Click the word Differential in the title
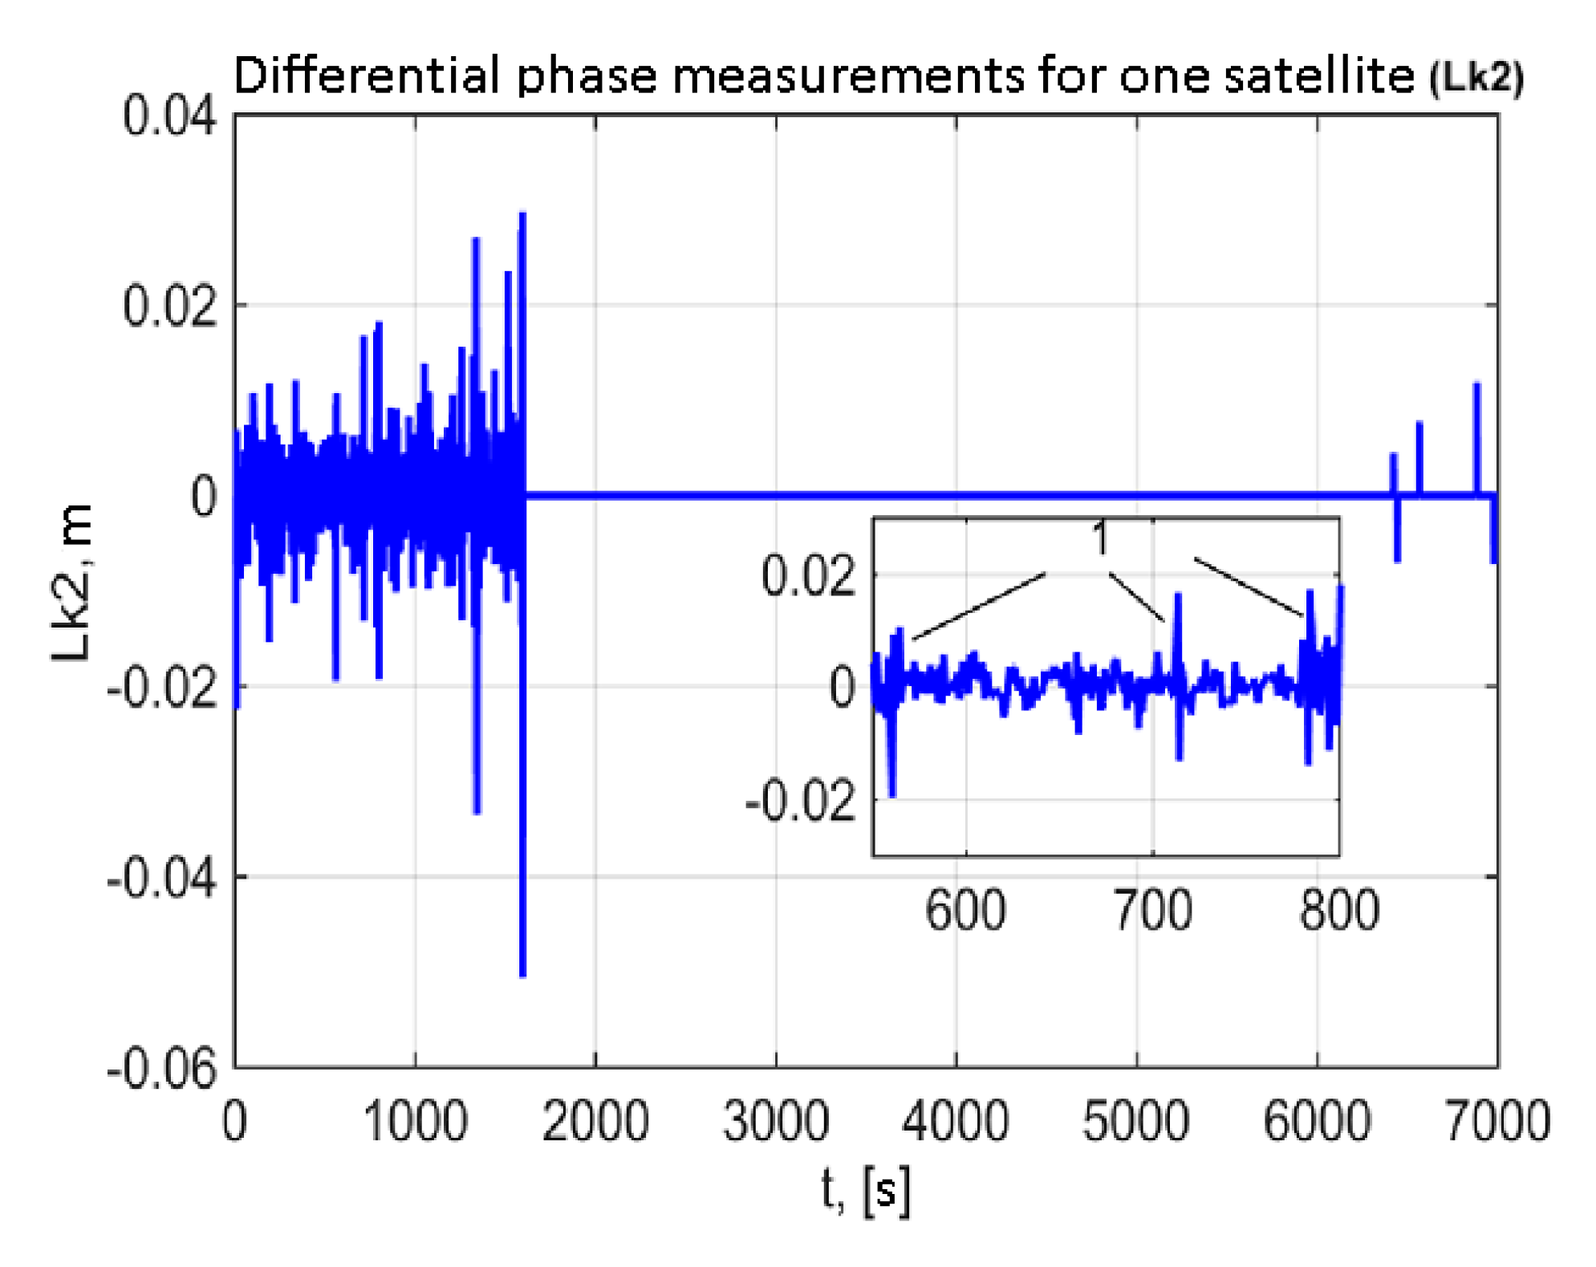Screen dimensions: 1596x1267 pos(364,76)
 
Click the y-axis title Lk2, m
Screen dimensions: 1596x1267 pos(71,583)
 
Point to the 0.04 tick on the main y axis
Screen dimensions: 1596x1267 pos(169,116)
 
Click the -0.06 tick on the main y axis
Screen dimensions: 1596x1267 pos(161,1068)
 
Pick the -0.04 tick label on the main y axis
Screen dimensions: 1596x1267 pos(161,878)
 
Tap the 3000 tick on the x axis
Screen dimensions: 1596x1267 pos(775,1122)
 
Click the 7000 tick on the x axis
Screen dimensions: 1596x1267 pos(1497,1122)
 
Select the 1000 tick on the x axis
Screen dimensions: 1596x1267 pos(415,1122)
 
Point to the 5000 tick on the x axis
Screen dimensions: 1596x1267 pos(1135,1122)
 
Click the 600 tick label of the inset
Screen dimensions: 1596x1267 pos(965,911)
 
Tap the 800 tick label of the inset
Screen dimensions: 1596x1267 pos(1338,911)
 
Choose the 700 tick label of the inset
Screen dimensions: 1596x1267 pos(1152,911)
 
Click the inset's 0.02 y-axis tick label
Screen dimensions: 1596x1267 pos(808,576)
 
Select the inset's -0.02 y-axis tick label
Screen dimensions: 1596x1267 pos(800,801)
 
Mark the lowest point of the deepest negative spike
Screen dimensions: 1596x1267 pos(522,975)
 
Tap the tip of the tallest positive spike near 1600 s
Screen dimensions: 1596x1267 pos(522,214)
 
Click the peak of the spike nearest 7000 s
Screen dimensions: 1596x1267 pos(1476,385)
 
